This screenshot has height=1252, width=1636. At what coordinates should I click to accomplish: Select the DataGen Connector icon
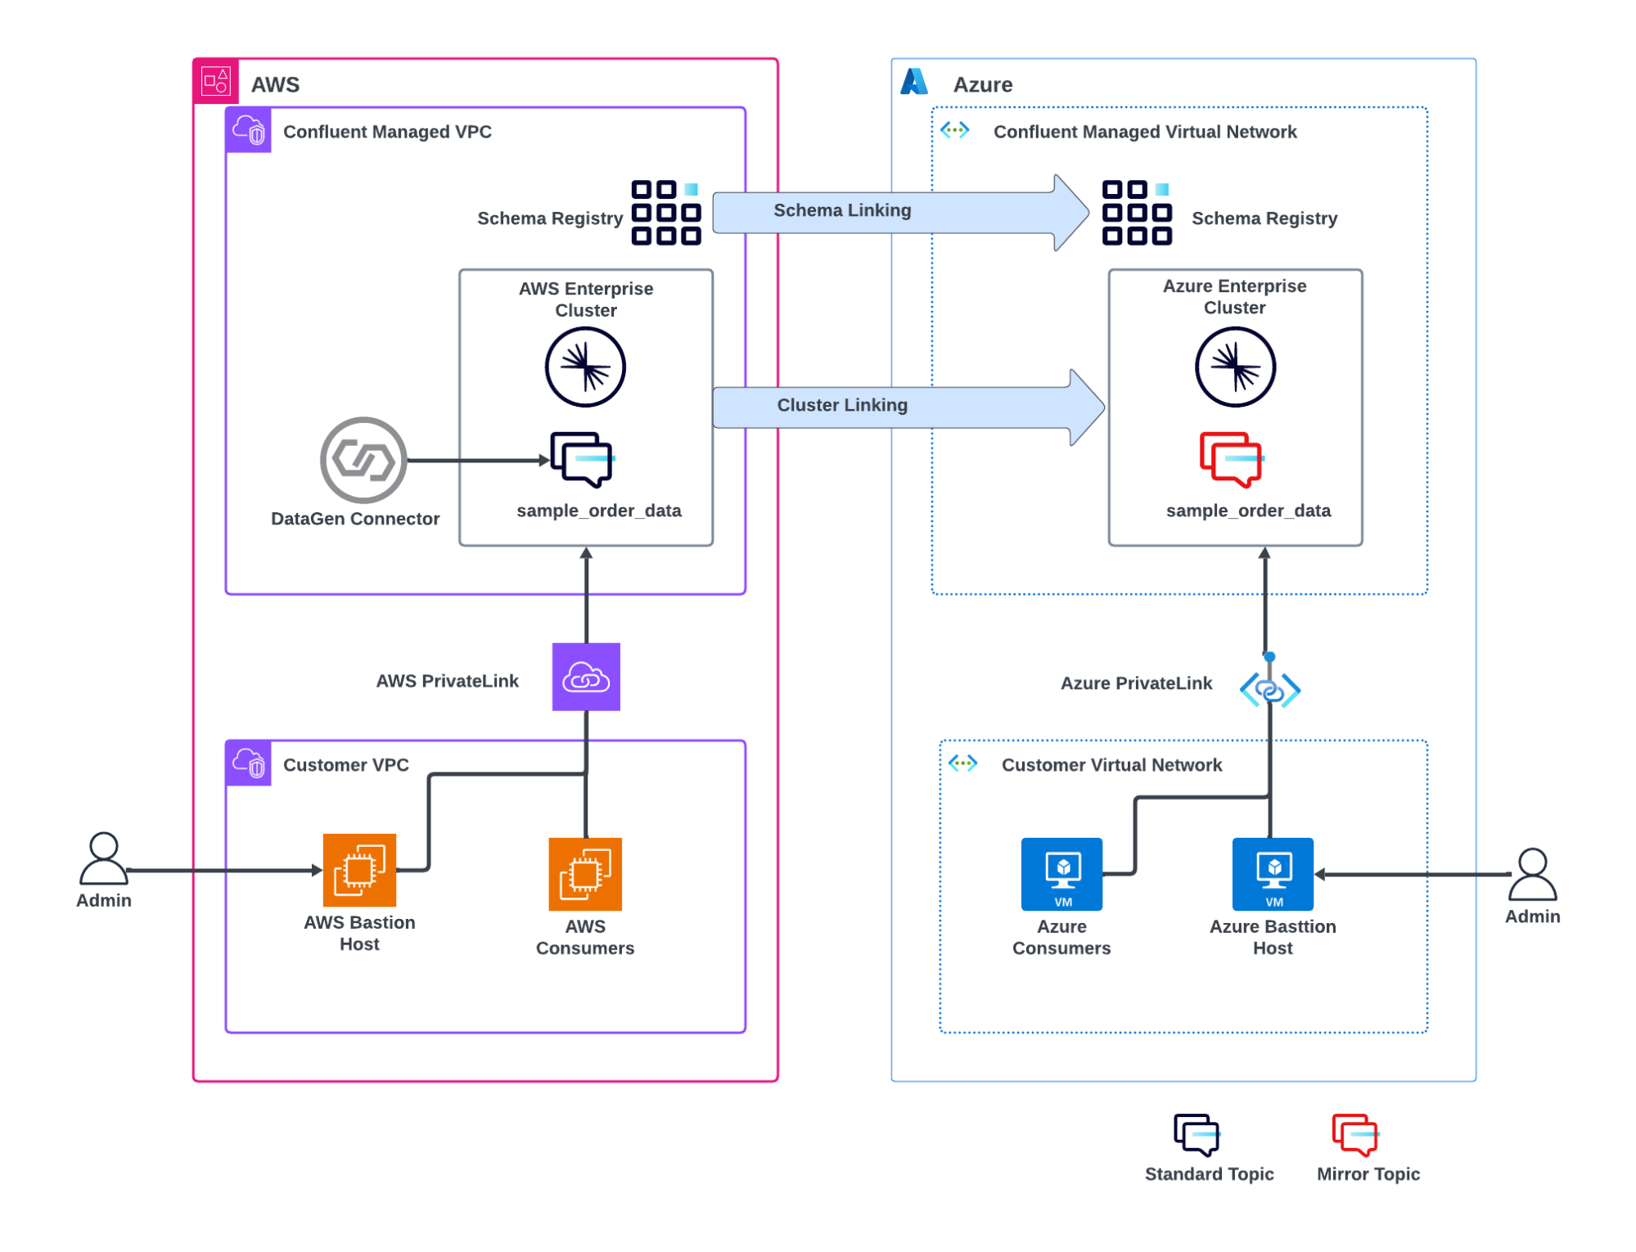coord(363,461)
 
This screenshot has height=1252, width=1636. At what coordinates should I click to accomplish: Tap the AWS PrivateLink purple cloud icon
coord(586,678)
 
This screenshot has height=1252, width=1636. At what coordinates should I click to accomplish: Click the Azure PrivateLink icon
coord(1270,690)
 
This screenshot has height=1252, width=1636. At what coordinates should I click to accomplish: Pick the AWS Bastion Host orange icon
coord(359,870)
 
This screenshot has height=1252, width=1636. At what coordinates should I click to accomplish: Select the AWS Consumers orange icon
coord(585,874)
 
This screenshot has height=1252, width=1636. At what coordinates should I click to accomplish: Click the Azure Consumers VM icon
coord(1061,874)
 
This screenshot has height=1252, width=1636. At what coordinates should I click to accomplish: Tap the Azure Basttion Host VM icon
coord(1273,874)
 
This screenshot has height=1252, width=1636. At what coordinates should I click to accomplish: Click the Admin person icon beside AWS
coord(104,859)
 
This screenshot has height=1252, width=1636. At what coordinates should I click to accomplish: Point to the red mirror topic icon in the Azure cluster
coord(1231,460)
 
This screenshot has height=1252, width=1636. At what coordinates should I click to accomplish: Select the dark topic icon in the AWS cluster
coord(582,460)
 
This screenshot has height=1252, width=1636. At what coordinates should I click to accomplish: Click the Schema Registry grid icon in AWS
coord(666,213)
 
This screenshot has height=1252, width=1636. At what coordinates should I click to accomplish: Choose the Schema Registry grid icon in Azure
coord(1137,213)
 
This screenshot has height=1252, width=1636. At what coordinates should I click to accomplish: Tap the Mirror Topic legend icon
coord(1355,1135)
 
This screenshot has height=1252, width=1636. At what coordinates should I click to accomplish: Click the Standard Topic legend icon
coord(1197,1135)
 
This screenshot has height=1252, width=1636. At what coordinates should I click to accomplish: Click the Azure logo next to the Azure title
coord(914,82)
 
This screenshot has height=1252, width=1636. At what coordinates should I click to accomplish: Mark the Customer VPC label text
coord(345,765)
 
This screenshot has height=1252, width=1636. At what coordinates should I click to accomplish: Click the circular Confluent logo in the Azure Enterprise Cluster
coord(1235,367)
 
